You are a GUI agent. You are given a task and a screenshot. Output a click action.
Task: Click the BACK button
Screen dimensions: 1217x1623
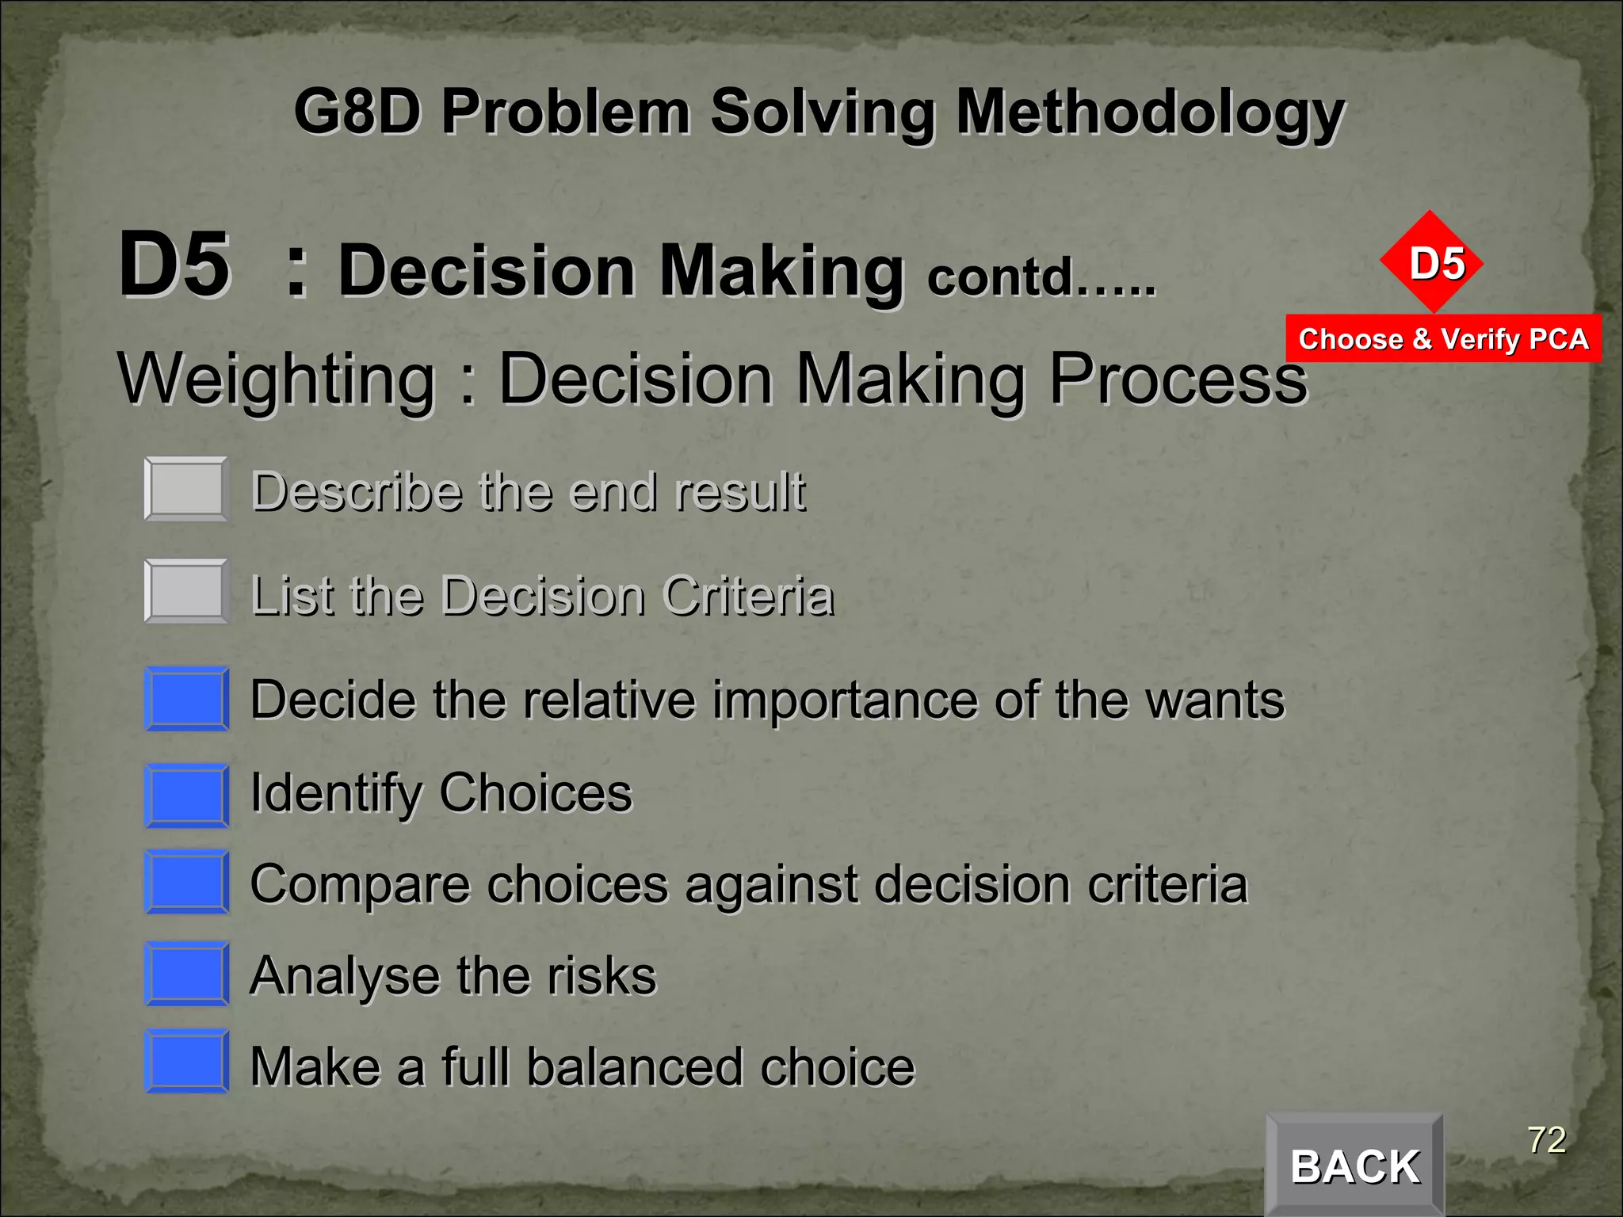pyautogui.click(x=1354, y=1165)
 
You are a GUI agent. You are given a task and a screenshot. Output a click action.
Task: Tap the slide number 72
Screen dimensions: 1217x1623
pyautogui.click(x=1546, y=1140)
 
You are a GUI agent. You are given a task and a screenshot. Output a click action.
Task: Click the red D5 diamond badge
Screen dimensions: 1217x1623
pyautogui.click(x=1431, y=261)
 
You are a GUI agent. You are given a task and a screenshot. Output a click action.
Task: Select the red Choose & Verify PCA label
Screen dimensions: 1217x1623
pyautogui.click(x=1443, y=339)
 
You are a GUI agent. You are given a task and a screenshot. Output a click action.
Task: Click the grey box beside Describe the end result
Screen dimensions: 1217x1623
pyautogui.click(x=187, y=489)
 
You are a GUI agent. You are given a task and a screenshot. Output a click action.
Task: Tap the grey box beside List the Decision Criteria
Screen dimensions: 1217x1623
pyautogui.click(x=187, y=591)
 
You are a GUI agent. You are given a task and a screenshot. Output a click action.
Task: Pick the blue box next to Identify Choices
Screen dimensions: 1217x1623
pyautogui.click(x=187, y=795)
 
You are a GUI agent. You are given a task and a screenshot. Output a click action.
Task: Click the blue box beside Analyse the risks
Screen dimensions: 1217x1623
pyautogui.click(x=187, y=974)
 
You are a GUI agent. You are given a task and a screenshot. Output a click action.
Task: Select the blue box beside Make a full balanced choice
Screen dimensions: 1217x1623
pyautogui.click(x=187, y=1062)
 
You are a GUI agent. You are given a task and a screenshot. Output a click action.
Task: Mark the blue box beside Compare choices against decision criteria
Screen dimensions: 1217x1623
pyautogui.click(x=187, y=882)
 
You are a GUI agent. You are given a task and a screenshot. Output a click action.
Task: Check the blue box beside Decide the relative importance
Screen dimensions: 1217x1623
pyautogui.click(x=187, y=699)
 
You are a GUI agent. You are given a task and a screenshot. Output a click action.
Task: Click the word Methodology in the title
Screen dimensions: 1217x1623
pyautogui.click(x=1150, y=113)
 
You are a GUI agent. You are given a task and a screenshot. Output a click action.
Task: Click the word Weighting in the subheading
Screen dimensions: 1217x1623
pyautogui.click(x=277, y=379)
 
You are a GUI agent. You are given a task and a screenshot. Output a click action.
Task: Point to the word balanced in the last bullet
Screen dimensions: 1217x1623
pyautogui.click(x=635, y=1066)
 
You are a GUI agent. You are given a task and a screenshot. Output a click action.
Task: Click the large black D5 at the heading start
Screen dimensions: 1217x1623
pyautogui.click(x=174, y=265)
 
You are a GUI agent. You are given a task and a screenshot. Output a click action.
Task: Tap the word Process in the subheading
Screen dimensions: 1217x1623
pyautogui.click(x=1178, y=379)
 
